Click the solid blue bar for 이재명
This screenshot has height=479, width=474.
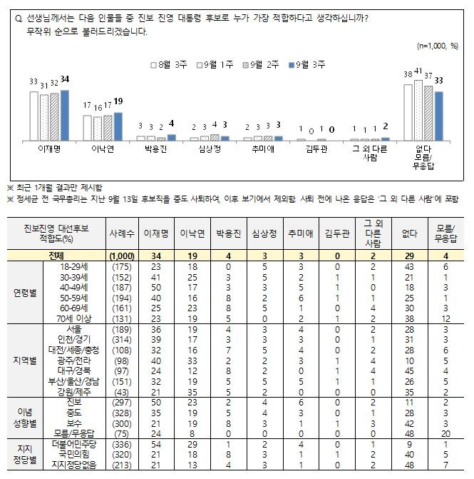66,114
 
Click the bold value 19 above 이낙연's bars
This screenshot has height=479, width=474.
119,101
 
